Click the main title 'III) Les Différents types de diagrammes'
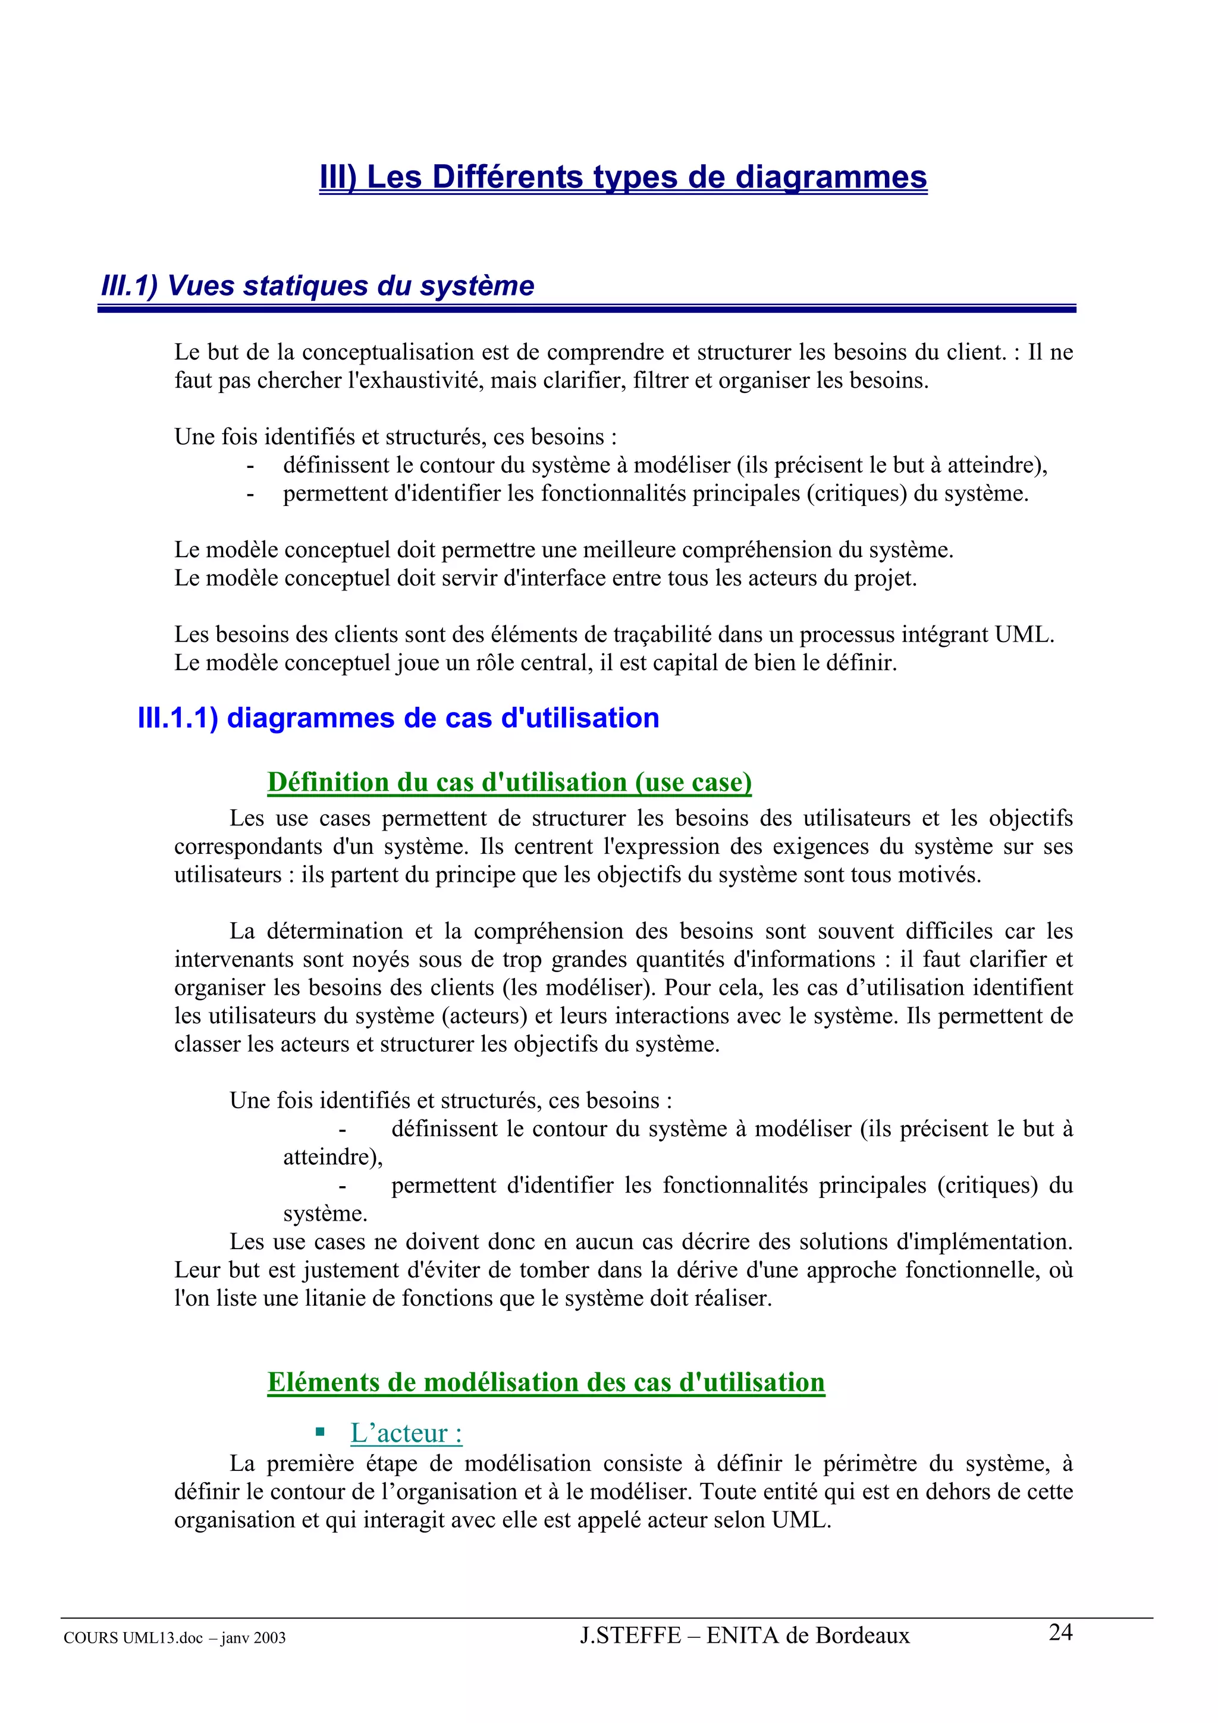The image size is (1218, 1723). [623, 177]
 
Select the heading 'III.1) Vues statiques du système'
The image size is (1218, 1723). [318, 286]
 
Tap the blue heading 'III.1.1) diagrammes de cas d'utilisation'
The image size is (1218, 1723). [398, 718]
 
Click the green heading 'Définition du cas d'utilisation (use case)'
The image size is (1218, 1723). [510, 782]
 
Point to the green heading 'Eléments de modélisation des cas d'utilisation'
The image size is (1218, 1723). [545, 1382]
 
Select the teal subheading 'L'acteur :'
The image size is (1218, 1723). [406, 1433]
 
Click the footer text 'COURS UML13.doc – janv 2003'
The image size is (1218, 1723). [175, 1638]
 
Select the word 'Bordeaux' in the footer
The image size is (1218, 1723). [862, 1636]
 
